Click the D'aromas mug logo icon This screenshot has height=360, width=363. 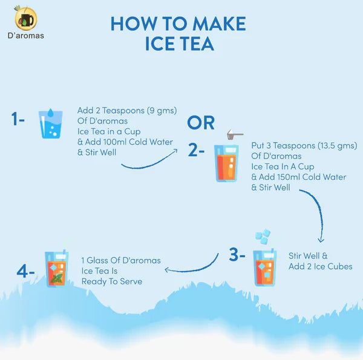25,19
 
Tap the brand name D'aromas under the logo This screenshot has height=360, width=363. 25,36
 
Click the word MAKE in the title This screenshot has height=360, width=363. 219,24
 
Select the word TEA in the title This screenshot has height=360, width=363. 197,44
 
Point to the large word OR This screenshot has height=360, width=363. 201,123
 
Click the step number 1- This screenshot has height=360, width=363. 18,119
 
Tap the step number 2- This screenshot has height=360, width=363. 196,150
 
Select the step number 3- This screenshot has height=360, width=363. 237,255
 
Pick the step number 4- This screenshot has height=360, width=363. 25,271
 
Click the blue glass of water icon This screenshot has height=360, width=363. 50,123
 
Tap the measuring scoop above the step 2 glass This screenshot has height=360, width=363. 235,134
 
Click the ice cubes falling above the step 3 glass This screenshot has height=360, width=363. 263,236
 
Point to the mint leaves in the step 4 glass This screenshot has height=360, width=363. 56,278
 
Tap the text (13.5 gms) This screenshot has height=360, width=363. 338,146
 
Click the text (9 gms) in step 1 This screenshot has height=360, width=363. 162,111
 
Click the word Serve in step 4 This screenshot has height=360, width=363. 131,281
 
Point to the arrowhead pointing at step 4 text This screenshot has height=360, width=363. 167,270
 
